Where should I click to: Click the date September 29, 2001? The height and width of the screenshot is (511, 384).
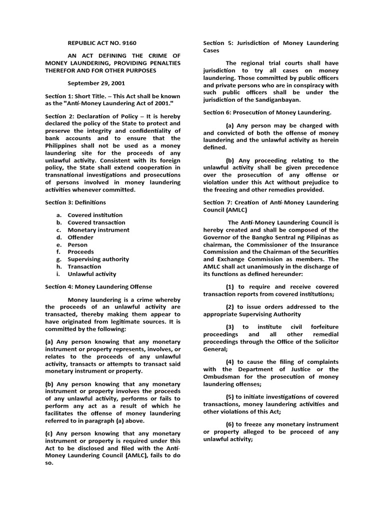click(96, 84)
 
